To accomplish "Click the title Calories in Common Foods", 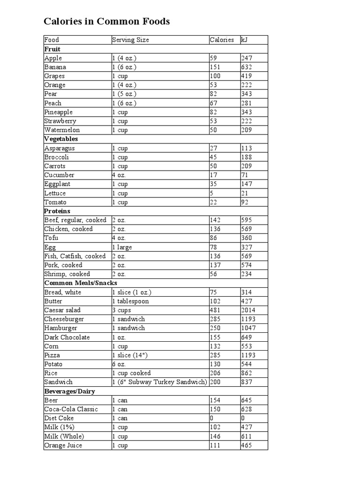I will (106, 22).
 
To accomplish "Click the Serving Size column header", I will (130, 40).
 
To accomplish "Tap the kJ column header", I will (244, 40).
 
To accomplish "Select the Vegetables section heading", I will (61, 139).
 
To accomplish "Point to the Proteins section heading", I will (57, 211).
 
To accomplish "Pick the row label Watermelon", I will (62, 130).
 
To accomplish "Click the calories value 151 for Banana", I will (215, 67).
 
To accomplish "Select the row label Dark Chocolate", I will (67, 337).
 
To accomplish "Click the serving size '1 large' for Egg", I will (122, 247).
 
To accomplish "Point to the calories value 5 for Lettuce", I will (212, 193).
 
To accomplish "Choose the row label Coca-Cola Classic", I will (71, 409).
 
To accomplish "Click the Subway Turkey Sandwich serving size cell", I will (159, 382).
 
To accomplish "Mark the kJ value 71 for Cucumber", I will (245, 175).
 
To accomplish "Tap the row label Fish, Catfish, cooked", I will (75, 256).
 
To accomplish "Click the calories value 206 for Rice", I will (215, 373).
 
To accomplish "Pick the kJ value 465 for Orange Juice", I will (247, 445).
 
